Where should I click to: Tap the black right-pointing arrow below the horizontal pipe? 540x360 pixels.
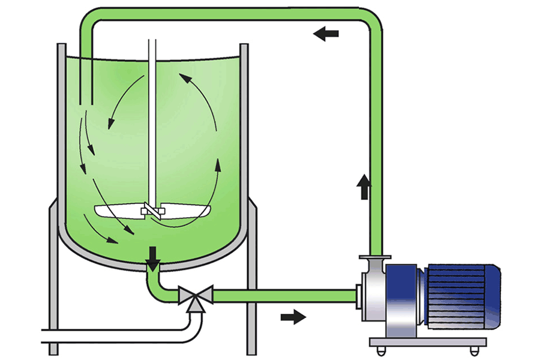coord(293,316)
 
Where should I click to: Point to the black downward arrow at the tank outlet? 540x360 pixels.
coord(154,256)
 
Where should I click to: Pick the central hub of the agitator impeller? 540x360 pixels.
coord(151,211)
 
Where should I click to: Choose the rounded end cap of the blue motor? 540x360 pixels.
coord(493,295)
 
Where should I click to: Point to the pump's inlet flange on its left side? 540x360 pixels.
coord(359,295)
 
